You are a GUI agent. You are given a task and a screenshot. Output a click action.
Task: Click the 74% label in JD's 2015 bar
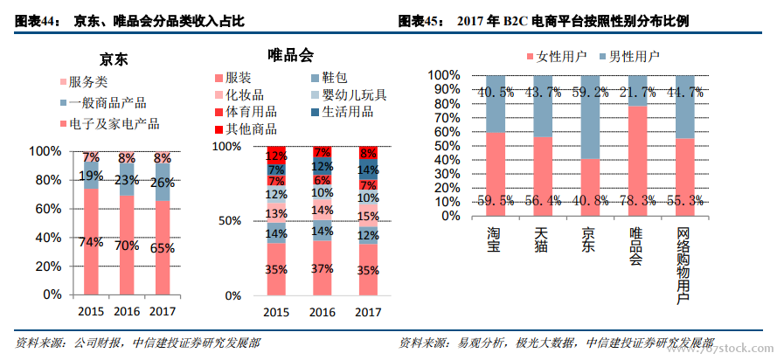tap(91, 242)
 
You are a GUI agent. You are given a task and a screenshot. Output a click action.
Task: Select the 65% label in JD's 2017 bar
tap(163, 248)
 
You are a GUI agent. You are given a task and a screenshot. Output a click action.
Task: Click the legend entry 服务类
tap(87, 81)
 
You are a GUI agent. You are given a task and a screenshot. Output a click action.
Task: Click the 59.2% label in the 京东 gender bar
tap(589, 91)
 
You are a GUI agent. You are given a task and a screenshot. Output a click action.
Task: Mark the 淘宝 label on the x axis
tap(494, 239)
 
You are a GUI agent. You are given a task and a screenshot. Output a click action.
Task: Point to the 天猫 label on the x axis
tap(542, 239)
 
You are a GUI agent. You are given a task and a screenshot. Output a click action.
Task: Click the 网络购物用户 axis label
tap(684, 267)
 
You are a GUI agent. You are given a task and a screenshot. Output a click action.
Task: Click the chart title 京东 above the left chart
tap(114, 59)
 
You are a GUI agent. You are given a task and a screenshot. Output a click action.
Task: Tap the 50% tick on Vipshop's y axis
tap(228, 221)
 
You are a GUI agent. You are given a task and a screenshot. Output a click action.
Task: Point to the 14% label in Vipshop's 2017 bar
tap(369, 170)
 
